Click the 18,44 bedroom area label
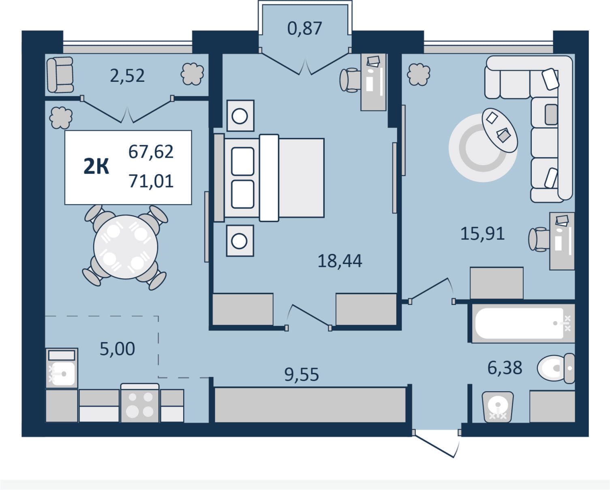(x=340, y=261)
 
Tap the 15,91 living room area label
(x=482, y=234)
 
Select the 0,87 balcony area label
(x=304, y=28)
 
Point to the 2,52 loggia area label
(x=127, y=76)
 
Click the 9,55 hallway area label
(x=302, y=375)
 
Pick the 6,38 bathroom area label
(x=505, y=368)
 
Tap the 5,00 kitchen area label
(x=118, y=349)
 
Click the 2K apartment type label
(x=96, y=166)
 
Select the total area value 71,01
(x=151, y=181)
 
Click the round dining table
(x=126, y=247)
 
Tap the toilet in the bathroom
(x=556, y=368)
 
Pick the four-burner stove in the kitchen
(x=140, y=403)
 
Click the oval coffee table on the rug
(x=500, y=130)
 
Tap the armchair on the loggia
(x=60, y=75)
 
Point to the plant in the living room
(x=418, y=75)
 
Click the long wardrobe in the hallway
(x=310, y=405)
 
